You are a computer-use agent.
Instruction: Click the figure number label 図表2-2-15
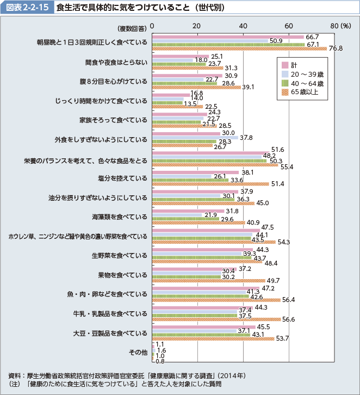point(27,8)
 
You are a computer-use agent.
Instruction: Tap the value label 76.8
point(336,49)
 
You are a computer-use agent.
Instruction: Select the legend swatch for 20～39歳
point(284,74)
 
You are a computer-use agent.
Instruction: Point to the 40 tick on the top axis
point(243,26)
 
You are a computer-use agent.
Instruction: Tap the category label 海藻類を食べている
point(119,217)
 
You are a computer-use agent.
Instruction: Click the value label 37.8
point(247,137)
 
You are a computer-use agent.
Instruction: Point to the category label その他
point(138,352)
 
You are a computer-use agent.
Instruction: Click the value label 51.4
point(278,184)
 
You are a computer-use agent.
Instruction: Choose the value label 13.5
point(190,103)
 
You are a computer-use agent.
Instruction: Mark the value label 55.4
point(287,166)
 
